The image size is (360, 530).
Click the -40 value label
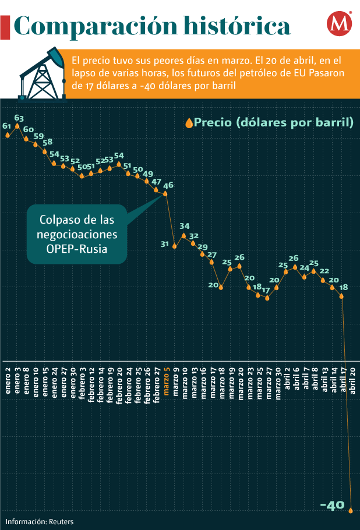[x=333, y=506]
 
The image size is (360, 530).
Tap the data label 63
[x=18, y=118]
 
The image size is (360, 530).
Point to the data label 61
[x=7, y=126]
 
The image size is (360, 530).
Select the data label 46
[x=168, y=185]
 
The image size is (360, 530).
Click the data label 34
[x=185, y=226]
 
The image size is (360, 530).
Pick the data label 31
[x=165, y=244]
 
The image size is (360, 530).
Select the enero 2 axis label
[x=8, y=381]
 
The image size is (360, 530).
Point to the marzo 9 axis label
[x=175, y=381]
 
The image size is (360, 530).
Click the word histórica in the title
[x=237, y=26]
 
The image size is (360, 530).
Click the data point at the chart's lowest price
[x=351, y=510]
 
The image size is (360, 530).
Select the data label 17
[x=266, y=290]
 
